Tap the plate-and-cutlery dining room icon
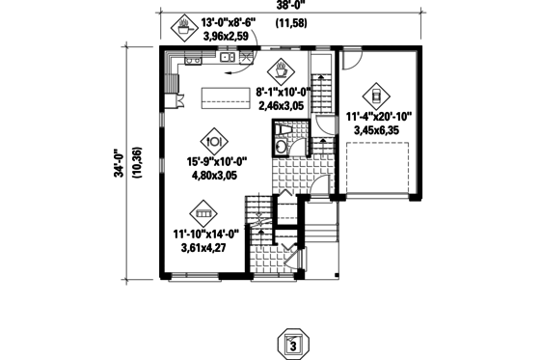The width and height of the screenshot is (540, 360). click(x=216, y=138)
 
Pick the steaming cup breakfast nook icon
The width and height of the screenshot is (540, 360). click(x=279, y=69)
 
